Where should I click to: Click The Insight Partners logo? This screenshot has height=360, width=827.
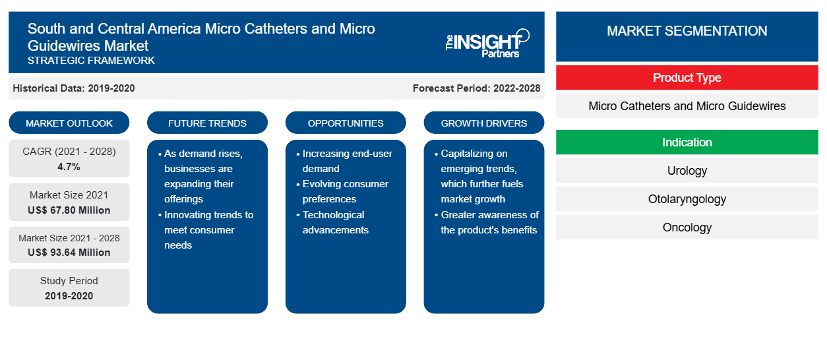(487, 44)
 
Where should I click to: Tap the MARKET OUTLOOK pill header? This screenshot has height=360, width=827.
(69, 123)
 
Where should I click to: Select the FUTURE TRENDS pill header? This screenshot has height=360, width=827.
(207, 123)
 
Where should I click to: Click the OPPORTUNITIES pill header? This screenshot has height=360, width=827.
(346, 123)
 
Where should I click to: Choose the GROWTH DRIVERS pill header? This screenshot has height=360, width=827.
(483, 123)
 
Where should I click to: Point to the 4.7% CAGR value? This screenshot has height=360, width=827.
(69, 167)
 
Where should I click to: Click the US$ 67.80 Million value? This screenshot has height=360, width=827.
(69, 210)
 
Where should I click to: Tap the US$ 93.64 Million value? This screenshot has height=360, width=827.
(69, 253)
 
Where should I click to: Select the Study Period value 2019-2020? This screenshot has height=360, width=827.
(69, 296)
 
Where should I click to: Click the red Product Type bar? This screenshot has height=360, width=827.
(687, 78)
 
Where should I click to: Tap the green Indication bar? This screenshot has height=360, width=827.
(687, 142)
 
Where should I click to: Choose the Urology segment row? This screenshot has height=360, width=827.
(687, 171)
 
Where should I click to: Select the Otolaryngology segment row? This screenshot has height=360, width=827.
(687, 199)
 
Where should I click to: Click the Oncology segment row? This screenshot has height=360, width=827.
(687, 227)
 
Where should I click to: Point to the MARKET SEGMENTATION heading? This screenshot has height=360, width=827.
(687, 31)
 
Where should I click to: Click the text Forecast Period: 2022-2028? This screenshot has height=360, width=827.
(476, 88)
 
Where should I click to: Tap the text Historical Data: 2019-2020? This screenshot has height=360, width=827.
(74, 88)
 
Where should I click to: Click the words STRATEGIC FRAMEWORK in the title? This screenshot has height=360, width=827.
(91, 61)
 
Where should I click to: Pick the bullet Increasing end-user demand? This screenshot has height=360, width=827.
(345, 161)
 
